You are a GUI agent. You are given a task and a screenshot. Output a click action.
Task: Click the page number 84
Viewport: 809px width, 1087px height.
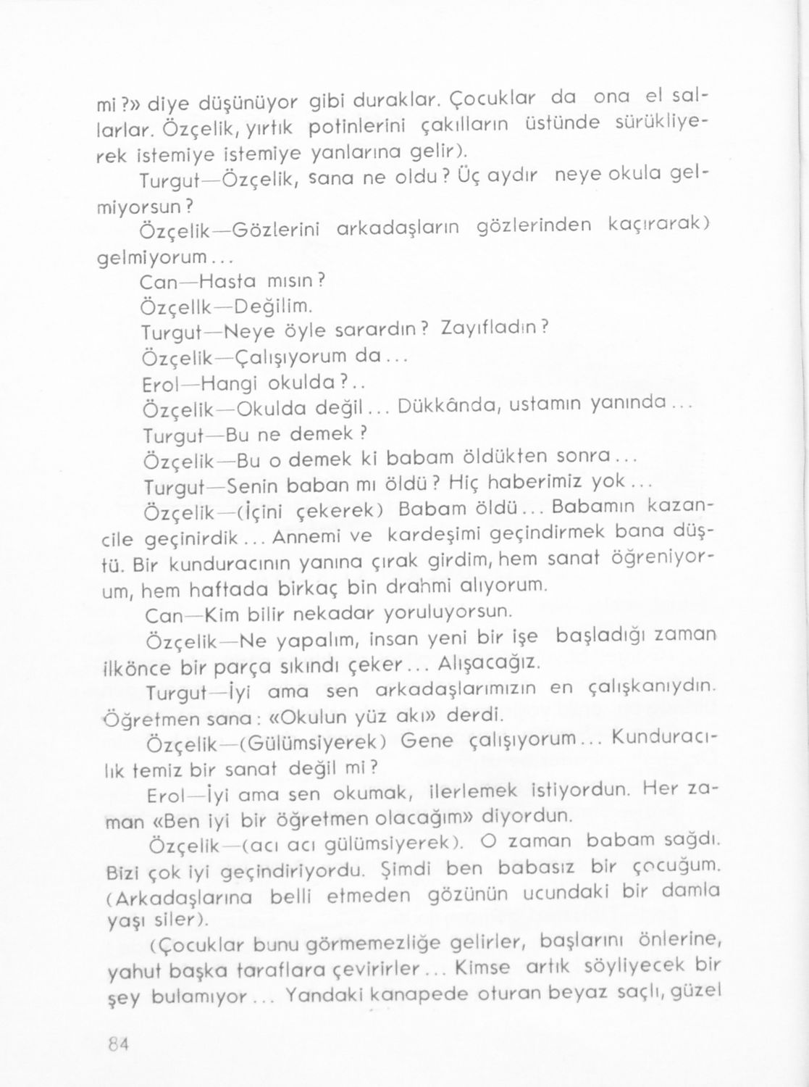click(x=117, y=1044)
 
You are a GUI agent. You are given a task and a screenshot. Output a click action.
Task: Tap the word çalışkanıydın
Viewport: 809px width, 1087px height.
click(x=650, y=686)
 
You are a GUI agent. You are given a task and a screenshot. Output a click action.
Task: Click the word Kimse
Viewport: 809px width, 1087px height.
click(x=483, y=968)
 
